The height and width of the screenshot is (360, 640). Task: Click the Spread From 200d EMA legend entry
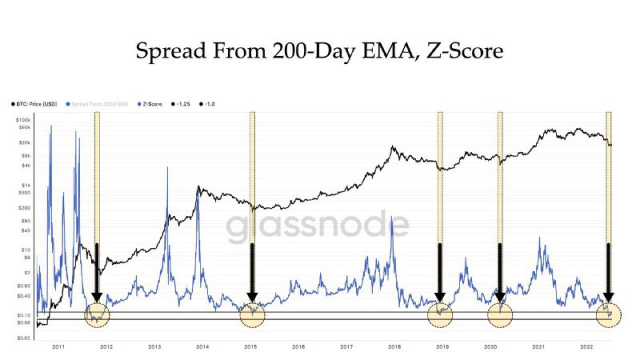(102, 105)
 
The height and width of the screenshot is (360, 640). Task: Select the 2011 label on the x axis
(58, 347)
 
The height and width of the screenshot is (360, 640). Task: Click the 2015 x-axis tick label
(250, 347)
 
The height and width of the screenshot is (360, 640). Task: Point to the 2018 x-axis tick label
(394, 347)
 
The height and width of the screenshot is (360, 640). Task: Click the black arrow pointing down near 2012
(96, 272)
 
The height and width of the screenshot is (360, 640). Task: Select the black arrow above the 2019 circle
(439, 272)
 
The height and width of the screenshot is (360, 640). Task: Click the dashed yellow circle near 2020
(501, 314)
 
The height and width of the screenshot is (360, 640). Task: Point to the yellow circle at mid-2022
(609, 314)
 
